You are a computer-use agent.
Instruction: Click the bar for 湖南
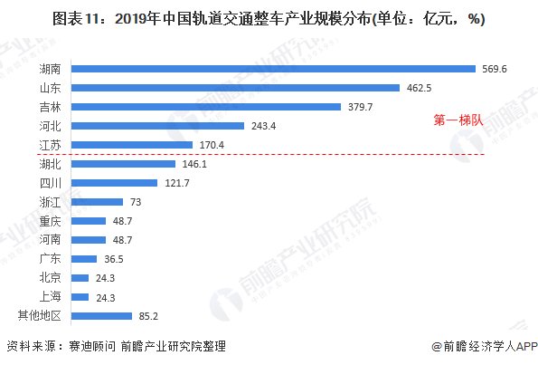[272, 68]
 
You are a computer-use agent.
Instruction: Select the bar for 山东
[234, 87]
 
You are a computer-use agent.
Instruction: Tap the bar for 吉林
[205, 106]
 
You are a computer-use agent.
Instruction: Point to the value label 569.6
[494, 68]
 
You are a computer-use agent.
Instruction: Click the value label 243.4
[262, 126]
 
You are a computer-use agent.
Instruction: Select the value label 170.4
[211, 145]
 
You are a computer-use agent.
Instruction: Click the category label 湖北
[52, 164]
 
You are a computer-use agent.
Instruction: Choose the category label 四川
[52, 183]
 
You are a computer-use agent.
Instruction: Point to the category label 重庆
[52, 221]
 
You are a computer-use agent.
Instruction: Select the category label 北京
[52, 278]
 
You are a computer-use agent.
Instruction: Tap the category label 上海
[52, 297]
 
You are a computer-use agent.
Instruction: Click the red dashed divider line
[271, 154]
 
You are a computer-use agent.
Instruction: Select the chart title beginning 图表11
[269, 20]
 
